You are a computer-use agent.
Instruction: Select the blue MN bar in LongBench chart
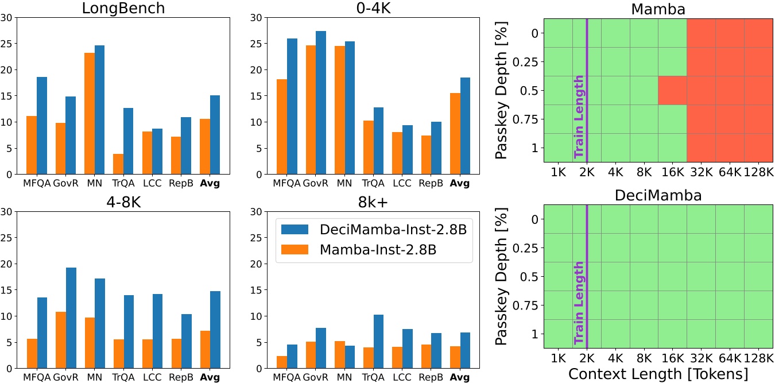(x=100, y=110)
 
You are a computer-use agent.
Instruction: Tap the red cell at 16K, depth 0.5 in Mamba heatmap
(x=672, y=91)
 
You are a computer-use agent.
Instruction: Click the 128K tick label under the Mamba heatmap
(x=758, y=172)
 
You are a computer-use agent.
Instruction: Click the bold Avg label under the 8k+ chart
(x=459, y=378)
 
